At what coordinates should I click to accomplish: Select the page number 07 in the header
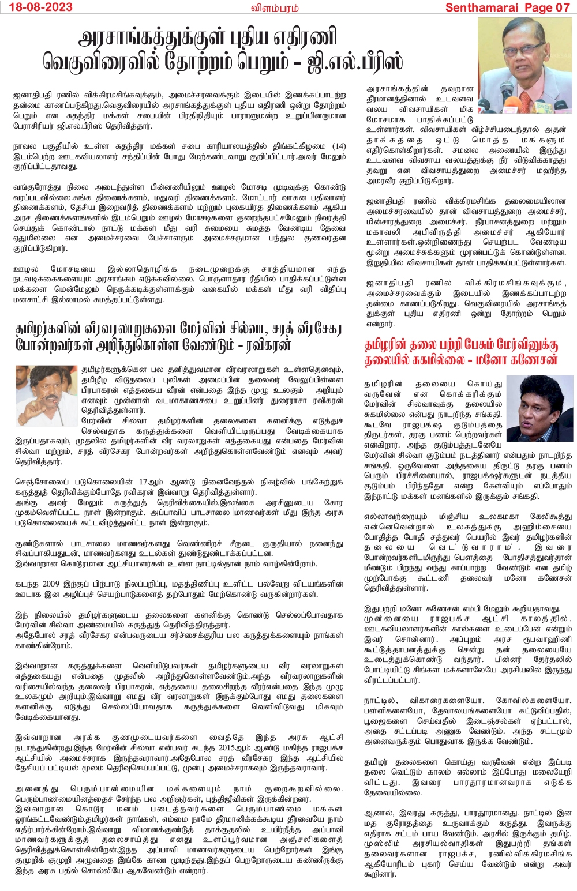pyautogui.click(x=562, y=7)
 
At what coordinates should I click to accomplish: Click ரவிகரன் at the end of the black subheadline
pyautogui.click(x=317, y=345)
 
